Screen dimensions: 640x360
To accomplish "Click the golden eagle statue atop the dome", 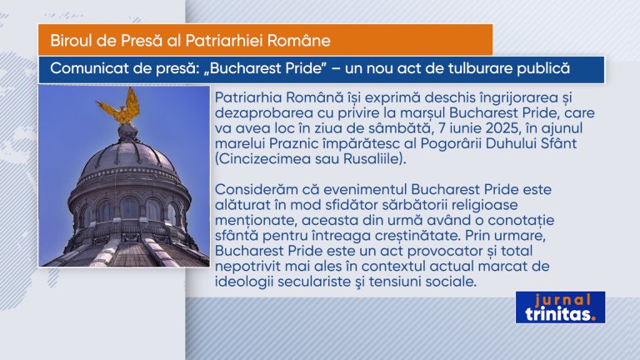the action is (120, 106).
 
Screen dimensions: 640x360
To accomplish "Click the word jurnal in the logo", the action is (562, 301).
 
